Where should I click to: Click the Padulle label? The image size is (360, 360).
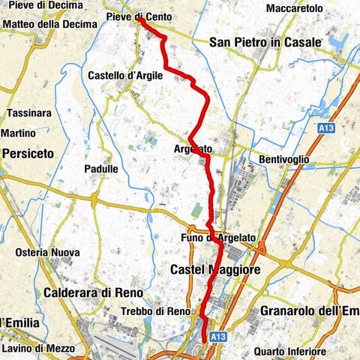click(x=101, y=169)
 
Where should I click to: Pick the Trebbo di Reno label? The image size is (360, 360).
click(x=155, y=311)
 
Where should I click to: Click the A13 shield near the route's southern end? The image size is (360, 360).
click(x=217, y=338)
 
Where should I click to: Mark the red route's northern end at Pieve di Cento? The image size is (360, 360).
click(x=139, y=21)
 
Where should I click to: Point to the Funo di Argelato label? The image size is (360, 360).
click(x=219, y=238)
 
